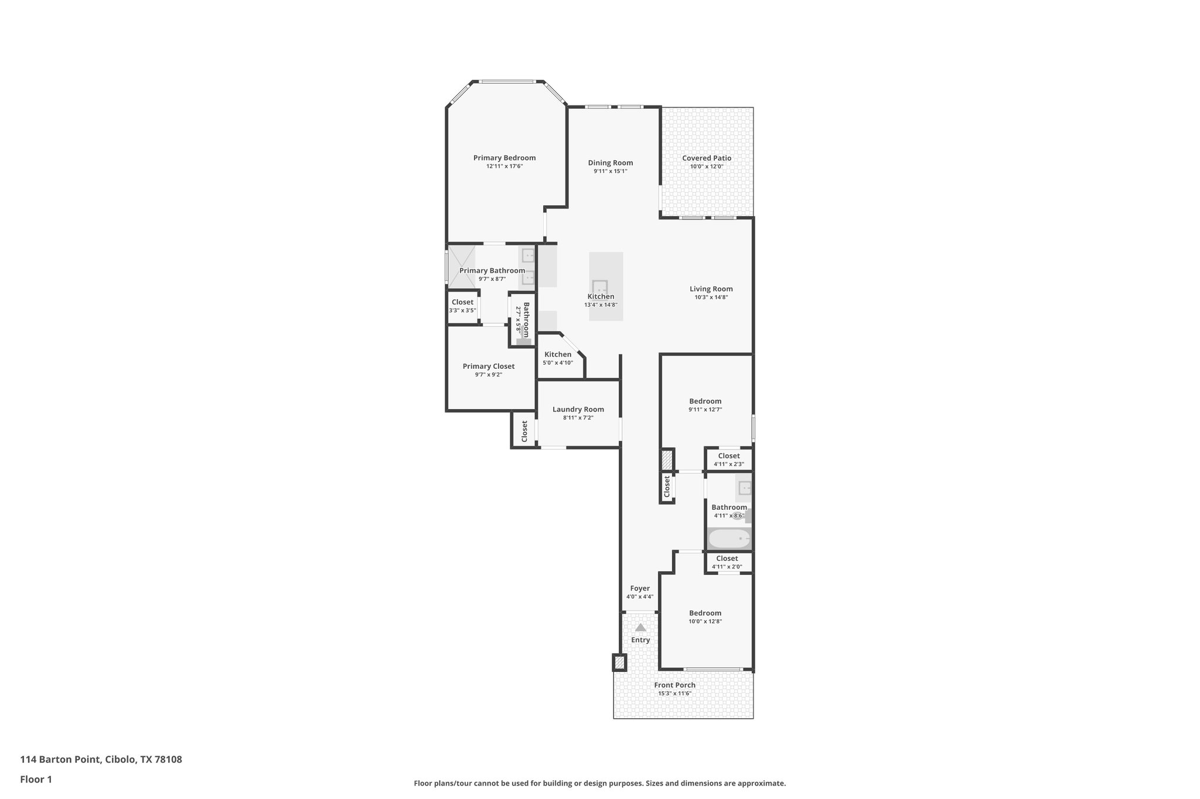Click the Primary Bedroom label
(504, 157)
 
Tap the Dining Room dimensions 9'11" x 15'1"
(610, 172)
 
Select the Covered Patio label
(706, 158)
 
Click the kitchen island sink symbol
(599, 287)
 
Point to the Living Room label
(711, 289)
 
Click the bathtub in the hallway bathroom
(729, 538)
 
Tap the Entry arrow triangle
(640, 627)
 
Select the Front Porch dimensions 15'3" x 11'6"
(674, 694)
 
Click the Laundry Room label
(578, 409)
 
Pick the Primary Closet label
(488, 366)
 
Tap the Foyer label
(639, 588)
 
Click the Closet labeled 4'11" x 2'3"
(728, 456)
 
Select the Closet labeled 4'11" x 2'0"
(727, 558)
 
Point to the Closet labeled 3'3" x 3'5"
(462, 303)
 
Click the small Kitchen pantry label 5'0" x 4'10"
(557, 355)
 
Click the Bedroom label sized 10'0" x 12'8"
(705, 613)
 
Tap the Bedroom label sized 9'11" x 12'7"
(705, 401)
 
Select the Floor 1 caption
(36, 779)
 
